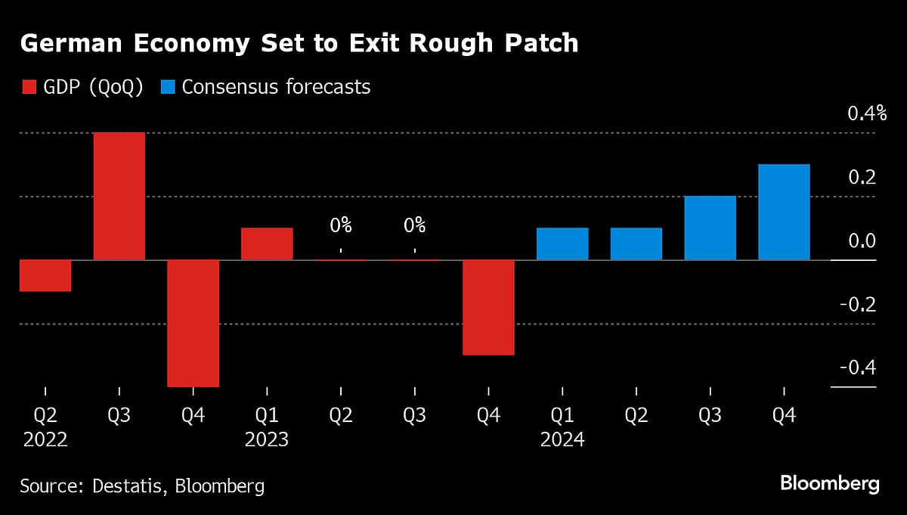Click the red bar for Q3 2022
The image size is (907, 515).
point(119,196)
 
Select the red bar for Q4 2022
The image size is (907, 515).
point(193,323)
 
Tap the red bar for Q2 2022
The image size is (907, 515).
point(45,275)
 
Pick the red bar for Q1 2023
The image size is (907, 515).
point(267,244)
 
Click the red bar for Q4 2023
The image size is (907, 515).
point(488,307)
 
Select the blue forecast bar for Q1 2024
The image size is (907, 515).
point(562,244)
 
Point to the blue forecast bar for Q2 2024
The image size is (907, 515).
point(636,244)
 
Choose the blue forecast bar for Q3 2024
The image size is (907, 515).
point(710,228)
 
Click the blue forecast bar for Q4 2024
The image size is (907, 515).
point(784,212)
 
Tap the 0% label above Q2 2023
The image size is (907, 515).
point(340,225)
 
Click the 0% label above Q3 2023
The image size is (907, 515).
point(414,225)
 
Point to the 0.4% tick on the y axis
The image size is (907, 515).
point(866,114)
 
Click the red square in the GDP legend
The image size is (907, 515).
point(26,87)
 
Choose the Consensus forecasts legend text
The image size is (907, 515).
point(276,87)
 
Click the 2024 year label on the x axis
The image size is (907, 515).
point(562,439)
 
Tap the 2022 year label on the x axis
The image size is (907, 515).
point(45,439)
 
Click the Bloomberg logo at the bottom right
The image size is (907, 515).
point(829,484)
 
